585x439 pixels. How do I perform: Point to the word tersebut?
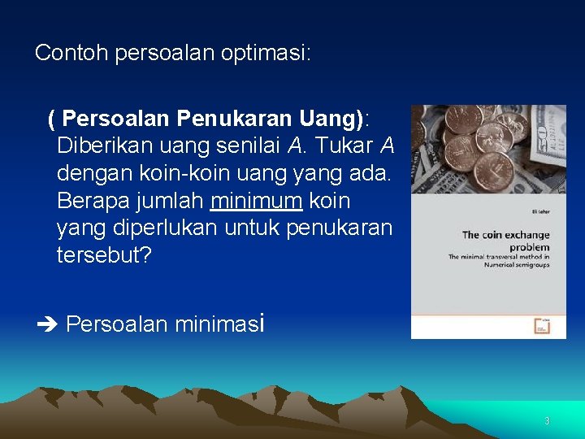(104, 255)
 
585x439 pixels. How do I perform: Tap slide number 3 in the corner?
(547, 421)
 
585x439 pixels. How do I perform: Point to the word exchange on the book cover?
(528, 235)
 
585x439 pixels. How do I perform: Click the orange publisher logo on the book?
(541, 325)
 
